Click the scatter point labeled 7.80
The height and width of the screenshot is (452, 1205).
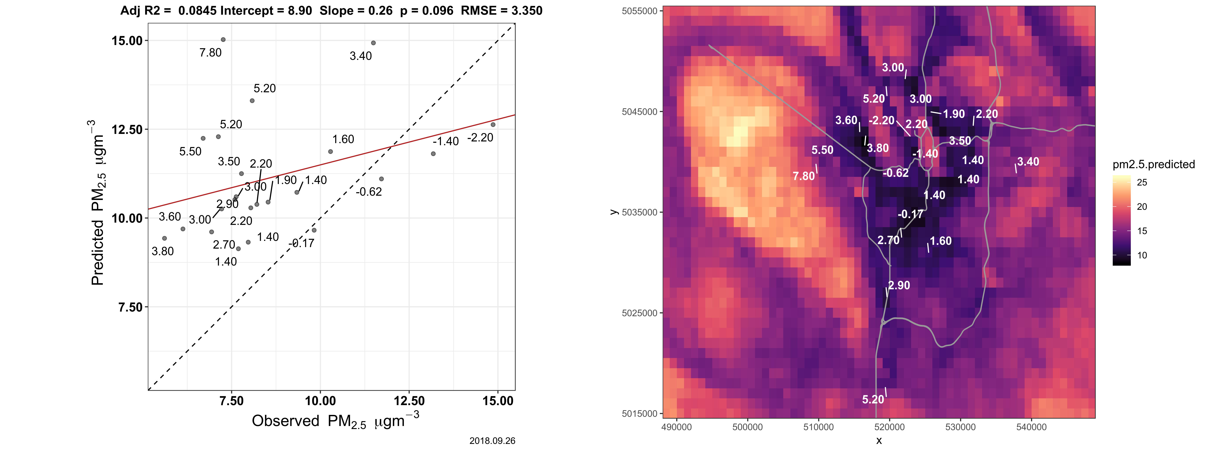223,40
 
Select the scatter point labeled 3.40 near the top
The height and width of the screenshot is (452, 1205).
373,43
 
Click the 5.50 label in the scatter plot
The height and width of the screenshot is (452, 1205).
190,152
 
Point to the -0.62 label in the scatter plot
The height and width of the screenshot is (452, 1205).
369,192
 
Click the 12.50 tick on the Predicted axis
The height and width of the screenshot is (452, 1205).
127,130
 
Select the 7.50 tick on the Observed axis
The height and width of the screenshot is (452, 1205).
232,401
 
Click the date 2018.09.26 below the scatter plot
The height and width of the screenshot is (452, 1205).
492,441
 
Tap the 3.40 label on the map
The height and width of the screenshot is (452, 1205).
1028,162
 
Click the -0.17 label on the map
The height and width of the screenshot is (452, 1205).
910,214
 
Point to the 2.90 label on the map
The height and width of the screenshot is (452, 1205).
899,286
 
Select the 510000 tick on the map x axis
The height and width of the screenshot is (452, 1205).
818,427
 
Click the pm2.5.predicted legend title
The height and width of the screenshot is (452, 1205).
1154,164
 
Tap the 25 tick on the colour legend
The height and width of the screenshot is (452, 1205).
1142,182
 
